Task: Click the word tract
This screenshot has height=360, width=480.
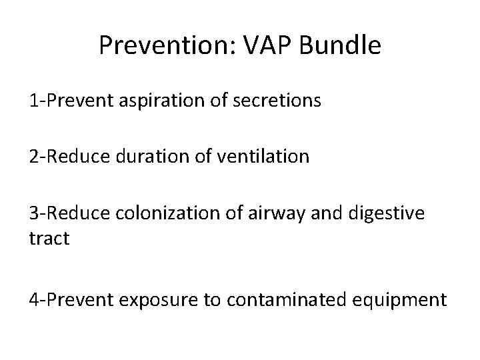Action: [x=49, y=238]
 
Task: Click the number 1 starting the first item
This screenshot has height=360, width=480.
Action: [x=33, y=101]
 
